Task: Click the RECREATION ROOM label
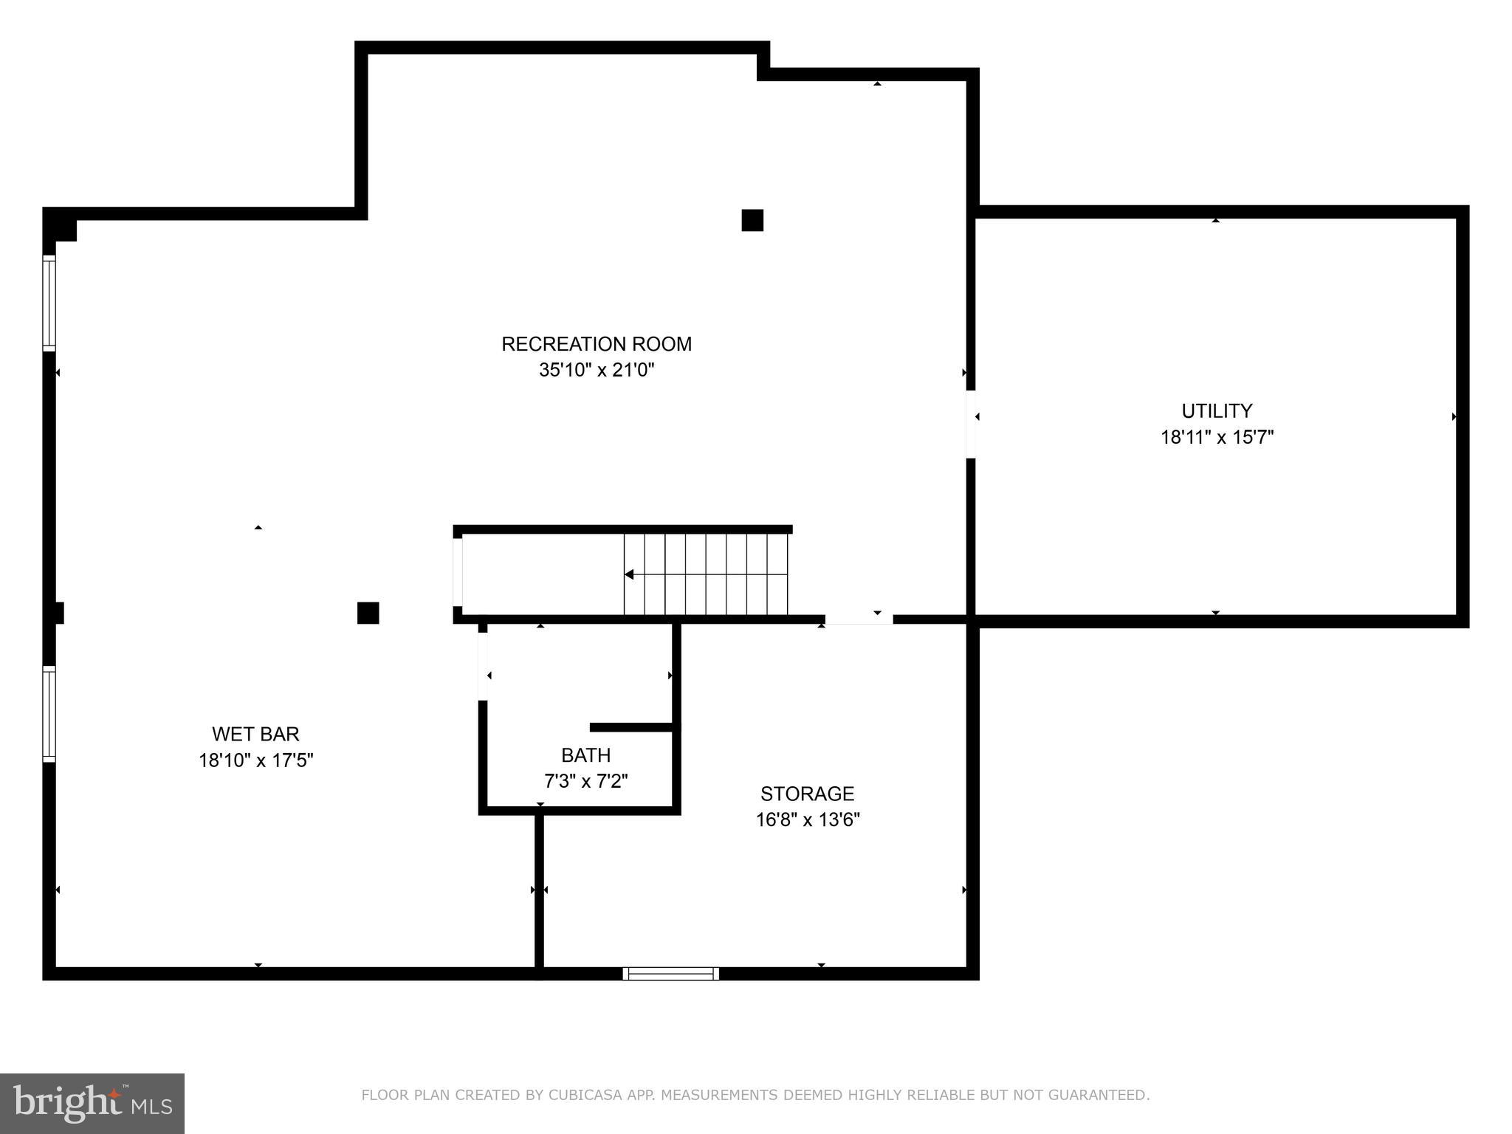coord(597,344)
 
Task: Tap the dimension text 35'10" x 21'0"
coord(597,370)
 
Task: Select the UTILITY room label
coord(1217,411)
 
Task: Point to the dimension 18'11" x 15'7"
coord(1217,438)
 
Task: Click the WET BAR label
coord(255,734)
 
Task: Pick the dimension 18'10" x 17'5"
coord(255,760)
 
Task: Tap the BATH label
coord(585,755)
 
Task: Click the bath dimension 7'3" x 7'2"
coord(585,781)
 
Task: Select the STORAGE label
coord(807,794)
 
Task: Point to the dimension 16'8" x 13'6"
coord(807,819)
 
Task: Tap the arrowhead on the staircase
coord(629,574)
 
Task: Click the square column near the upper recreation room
coord(752,220)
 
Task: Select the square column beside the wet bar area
coord(368,613)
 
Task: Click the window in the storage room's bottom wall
coord(670,973)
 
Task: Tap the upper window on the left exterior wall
coord(49,302)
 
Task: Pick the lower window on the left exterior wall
coord(49,713)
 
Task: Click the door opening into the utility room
coord(971,424)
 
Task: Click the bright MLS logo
coord(92,1103)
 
